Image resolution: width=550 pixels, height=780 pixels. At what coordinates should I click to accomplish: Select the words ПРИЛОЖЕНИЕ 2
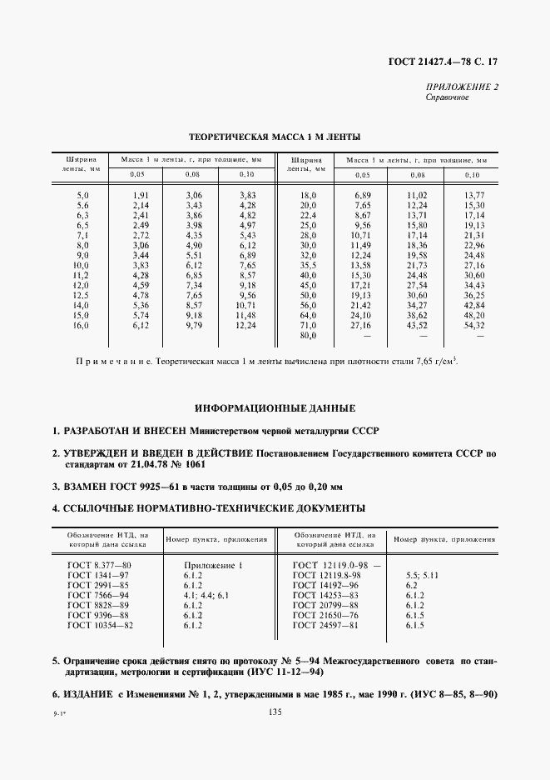click(463, 87)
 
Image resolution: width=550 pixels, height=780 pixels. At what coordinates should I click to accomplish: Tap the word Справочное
click(448, 97)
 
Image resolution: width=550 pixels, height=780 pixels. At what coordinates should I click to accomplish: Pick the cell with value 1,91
click(141, 194)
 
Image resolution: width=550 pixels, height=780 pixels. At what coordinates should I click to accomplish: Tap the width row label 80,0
click(309, 335)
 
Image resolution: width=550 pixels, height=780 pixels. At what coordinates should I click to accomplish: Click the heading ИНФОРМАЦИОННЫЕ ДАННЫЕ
click(275, 409)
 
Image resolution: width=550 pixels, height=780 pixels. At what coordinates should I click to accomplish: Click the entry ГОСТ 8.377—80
click(99, 565)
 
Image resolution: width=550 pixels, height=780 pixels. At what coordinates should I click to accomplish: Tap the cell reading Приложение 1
click(211, 565)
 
